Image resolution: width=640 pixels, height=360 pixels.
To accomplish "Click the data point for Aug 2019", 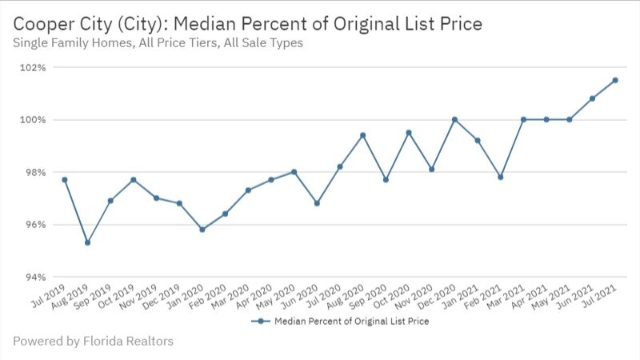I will (x=87, y=242).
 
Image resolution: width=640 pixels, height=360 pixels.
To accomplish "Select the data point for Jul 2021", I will (x=615, y=80).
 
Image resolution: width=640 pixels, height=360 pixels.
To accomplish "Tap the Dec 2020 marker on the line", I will (x=454, y=120).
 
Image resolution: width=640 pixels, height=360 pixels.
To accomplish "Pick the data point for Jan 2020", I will (x=202, y=230).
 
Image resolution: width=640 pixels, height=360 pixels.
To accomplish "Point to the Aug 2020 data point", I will (x=362, y=135).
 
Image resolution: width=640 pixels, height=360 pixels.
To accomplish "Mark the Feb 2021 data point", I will (x=500, y=177).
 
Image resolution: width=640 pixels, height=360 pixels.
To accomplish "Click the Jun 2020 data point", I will (x=317, y=203).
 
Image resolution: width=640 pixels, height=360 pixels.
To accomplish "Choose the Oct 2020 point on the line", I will (x=409, y=133).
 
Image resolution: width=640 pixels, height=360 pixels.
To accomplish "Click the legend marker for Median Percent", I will (x=258, y=322).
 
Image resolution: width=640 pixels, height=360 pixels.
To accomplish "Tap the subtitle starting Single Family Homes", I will (x=158, y=43).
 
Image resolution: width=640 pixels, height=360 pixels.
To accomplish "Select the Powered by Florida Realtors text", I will (x=93, y=342).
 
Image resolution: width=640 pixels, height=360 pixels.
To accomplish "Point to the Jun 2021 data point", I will (x=592, y=98).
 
